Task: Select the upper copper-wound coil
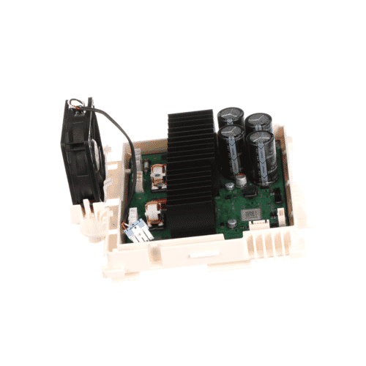(x=160, y=176)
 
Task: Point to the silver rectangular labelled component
(x=253, y=211)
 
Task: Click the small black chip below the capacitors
(x=247, y=192)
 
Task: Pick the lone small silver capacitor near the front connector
(x=231, y=219)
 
